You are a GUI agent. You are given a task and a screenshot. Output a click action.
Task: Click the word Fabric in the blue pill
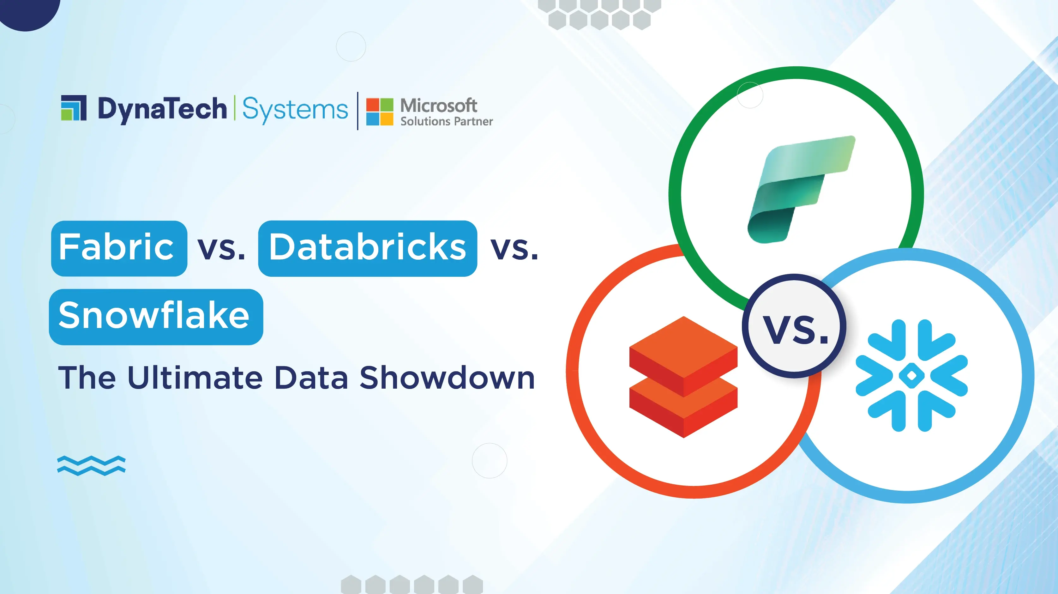point(117,247)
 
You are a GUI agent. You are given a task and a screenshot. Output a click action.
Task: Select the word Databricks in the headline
point(367,247)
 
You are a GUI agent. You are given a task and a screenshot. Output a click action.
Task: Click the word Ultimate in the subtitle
point(195,378)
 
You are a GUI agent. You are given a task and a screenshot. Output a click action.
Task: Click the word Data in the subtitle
point(311,378)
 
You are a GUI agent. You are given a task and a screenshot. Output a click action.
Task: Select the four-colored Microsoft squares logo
point(380,111)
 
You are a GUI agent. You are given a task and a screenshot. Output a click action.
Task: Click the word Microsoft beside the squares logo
point(439,106)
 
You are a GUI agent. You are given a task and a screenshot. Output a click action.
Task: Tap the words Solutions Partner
point(447,122)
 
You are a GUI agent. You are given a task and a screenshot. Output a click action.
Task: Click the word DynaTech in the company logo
point(162,109)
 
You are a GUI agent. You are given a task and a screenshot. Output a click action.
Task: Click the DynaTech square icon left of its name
point(74,108)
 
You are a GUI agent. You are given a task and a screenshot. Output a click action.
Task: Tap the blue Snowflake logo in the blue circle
point(911,375)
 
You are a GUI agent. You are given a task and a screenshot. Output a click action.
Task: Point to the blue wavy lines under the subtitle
point(91,465)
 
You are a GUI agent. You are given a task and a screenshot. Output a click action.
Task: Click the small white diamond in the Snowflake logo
point(911,375)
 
